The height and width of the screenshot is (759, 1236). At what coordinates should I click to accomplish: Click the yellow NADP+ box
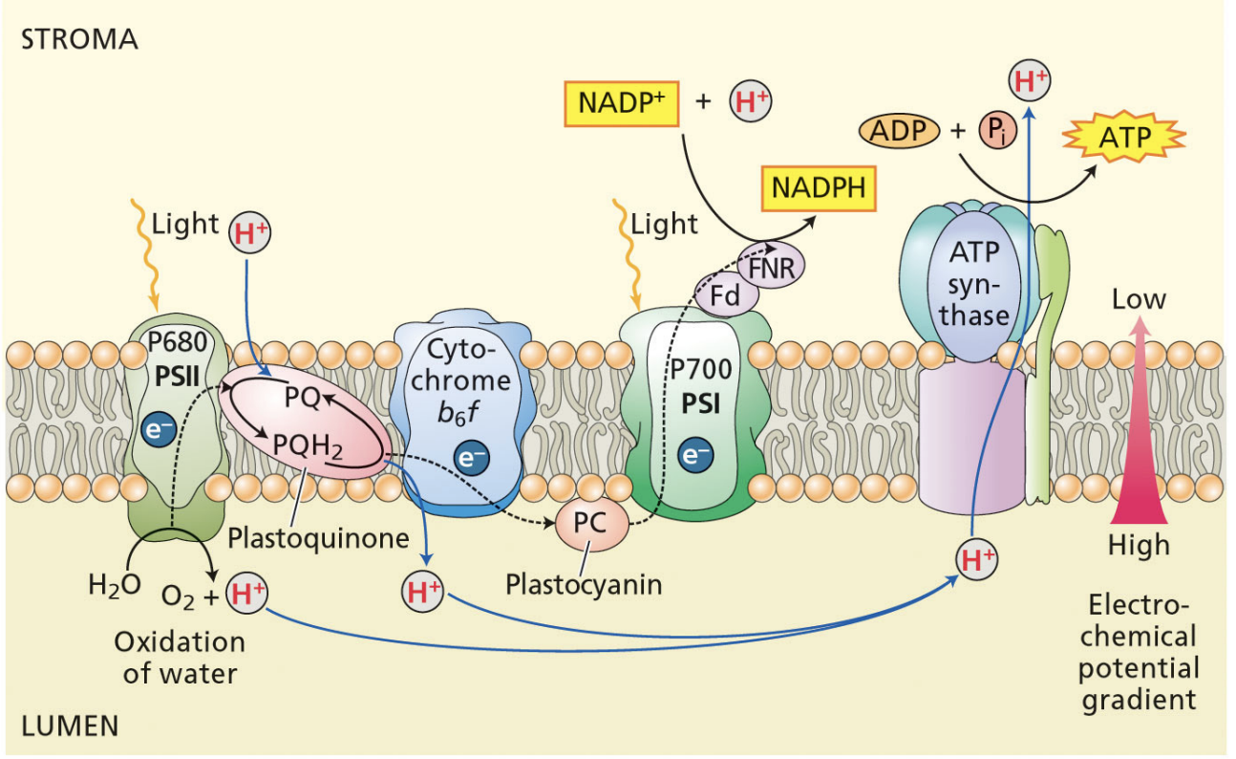622,103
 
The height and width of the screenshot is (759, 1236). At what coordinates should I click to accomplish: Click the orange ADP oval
899,130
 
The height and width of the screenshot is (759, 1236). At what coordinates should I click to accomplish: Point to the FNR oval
771,266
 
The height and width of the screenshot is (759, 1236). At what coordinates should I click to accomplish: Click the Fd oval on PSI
725,297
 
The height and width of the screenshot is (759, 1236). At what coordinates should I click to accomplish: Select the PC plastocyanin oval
591,525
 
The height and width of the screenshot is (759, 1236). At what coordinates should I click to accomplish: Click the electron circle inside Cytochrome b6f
471,458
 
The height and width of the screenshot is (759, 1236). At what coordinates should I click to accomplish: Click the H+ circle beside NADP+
751,103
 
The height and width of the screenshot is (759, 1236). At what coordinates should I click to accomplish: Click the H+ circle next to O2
246,595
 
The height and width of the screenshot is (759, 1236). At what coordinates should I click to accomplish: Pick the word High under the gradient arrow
1139,545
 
